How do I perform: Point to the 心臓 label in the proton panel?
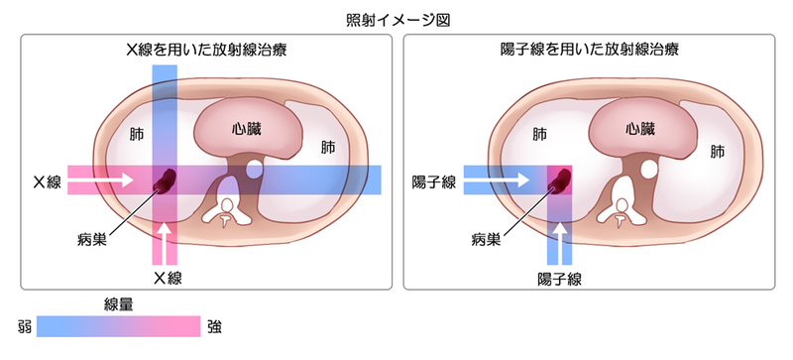click(640, 128)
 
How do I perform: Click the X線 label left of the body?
click(47, 181)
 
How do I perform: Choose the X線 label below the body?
click(167, 277)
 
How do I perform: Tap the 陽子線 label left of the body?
click(434, 181)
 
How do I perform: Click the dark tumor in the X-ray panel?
click(166, 180)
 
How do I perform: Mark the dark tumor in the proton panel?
click(561, 180)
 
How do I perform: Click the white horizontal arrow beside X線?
click(103, 180)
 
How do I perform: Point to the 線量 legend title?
click(119, 303)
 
